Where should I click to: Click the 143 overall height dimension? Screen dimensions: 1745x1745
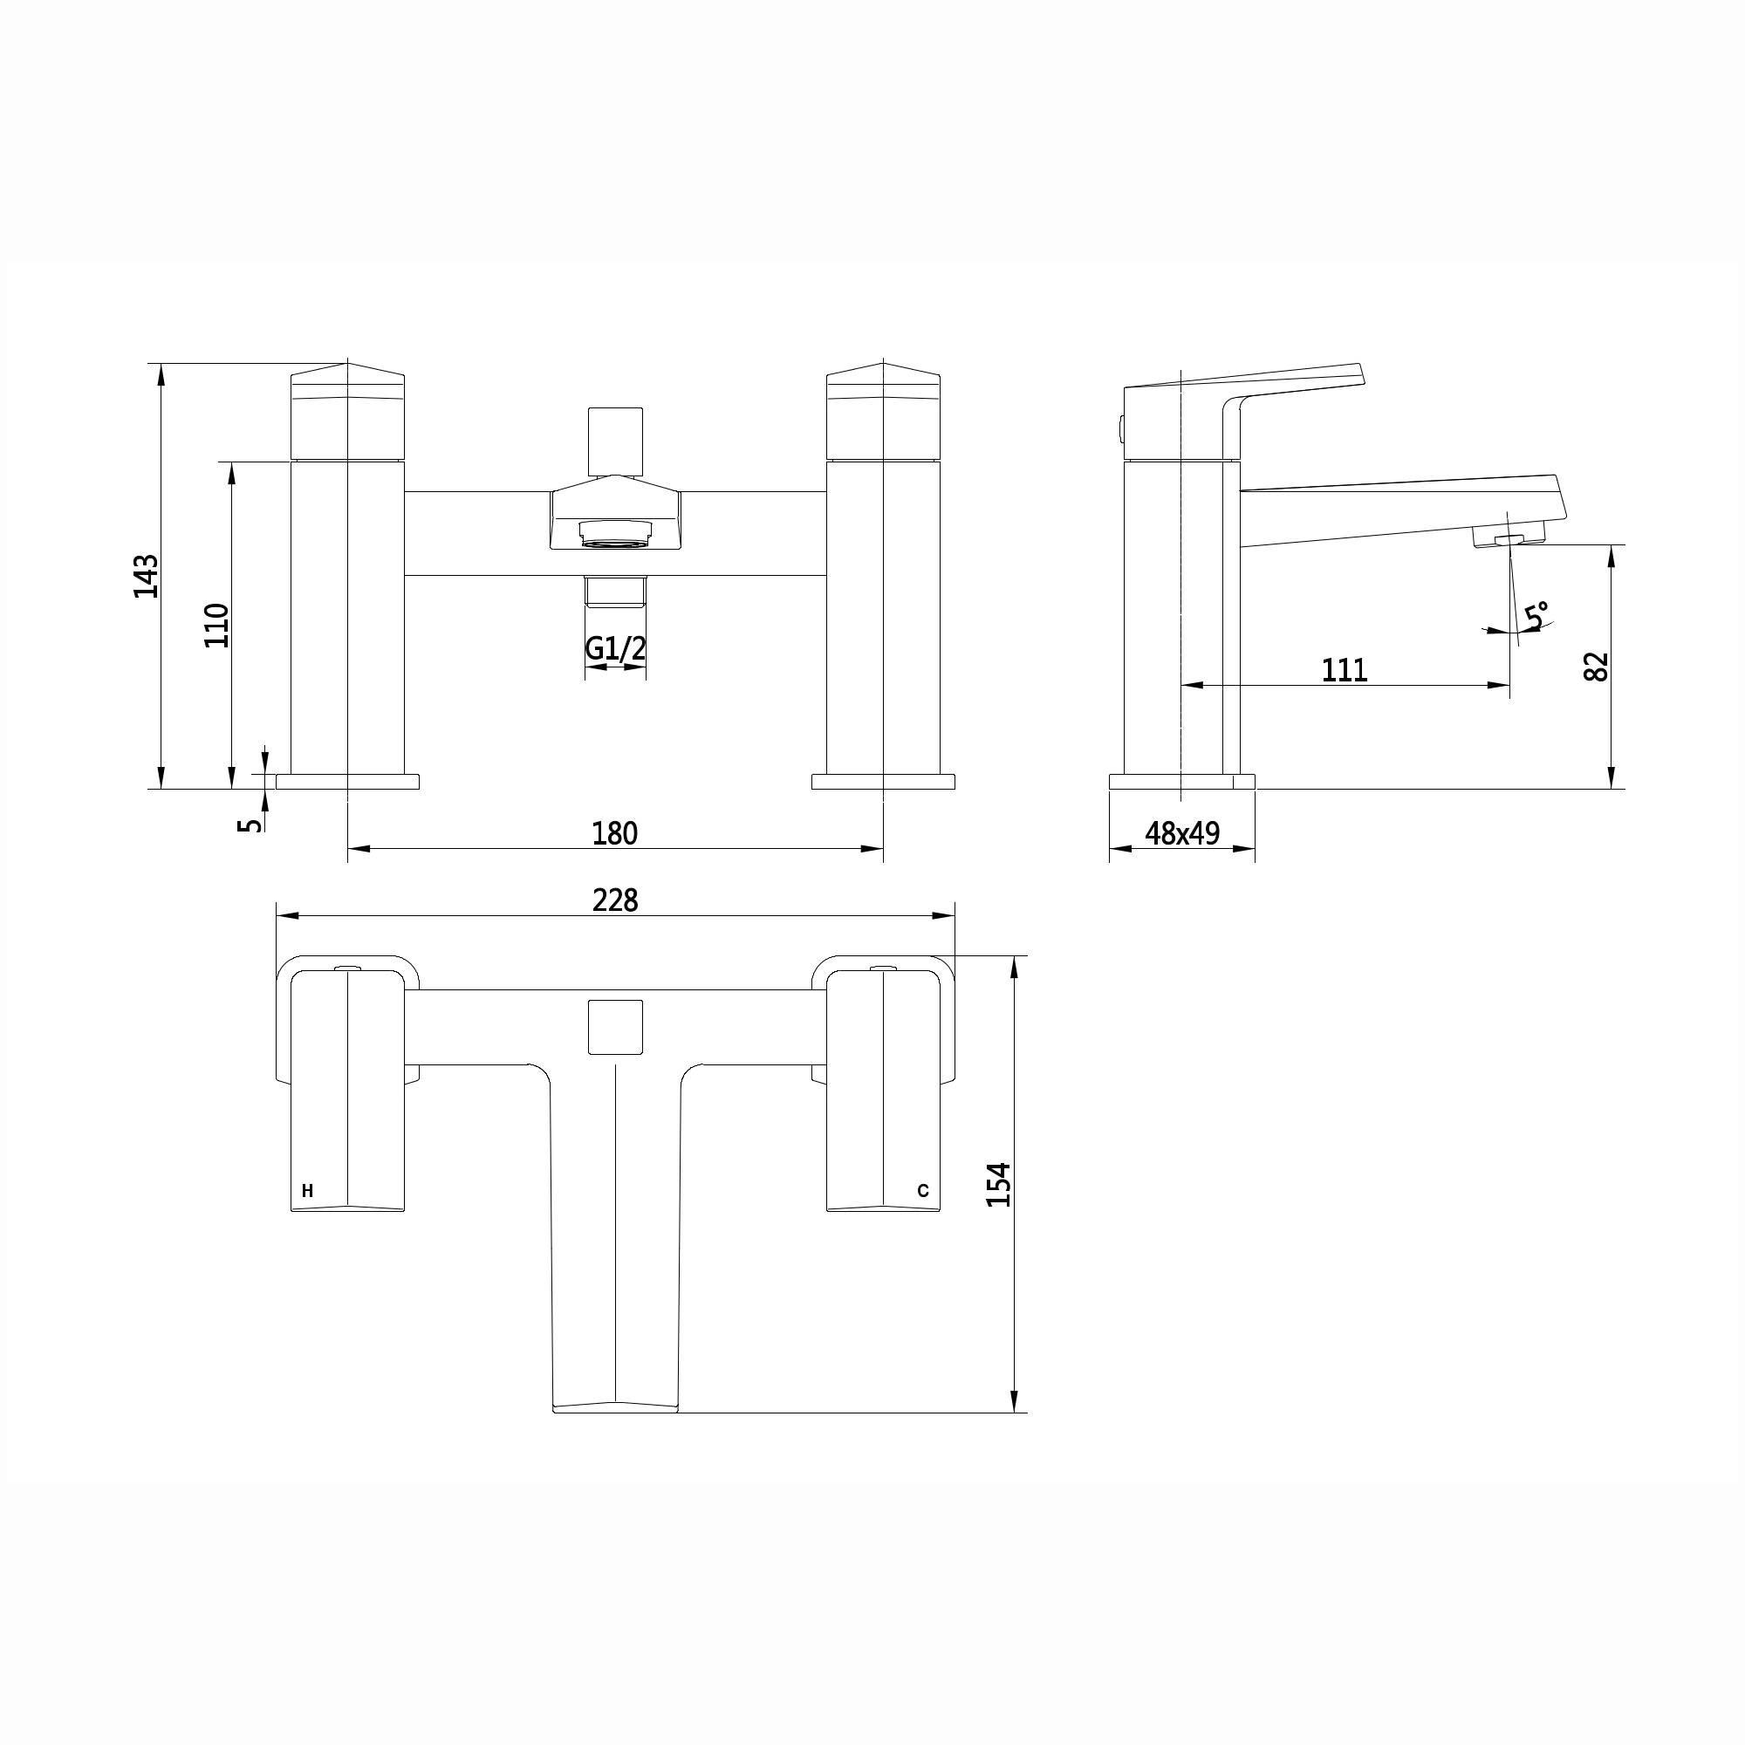pos(146,575)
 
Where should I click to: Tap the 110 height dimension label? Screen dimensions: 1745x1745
pos(216,624)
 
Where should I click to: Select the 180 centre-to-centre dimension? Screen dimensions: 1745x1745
pos(614,832)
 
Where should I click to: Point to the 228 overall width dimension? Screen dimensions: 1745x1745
pos(615,900)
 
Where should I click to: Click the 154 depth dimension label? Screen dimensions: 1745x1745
pos(998,1184)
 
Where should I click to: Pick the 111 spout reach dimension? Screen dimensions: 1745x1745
pos(1344,670)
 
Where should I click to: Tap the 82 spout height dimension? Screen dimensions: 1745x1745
pos(1597,667)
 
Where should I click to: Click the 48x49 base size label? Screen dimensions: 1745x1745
pos(1181,832)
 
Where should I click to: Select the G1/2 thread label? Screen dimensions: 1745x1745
pos(616,647)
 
